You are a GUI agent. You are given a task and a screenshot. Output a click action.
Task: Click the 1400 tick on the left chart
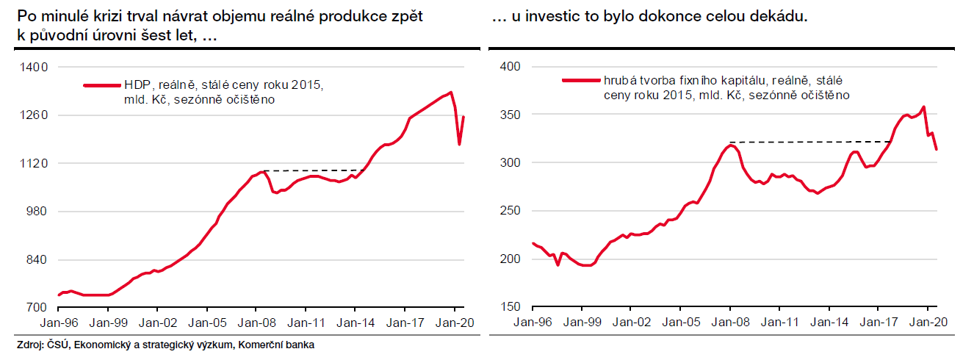click(34, 67)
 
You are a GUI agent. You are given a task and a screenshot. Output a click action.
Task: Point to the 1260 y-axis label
click(34, 115)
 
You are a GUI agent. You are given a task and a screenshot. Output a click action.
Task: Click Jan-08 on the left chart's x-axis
click(256, 322)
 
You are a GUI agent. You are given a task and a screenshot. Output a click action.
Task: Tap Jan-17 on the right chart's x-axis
click(878, 322)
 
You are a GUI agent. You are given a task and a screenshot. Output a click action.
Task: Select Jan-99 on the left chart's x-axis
click(108, 322)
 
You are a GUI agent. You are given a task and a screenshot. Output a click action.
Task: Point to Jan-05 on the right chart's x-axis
click(680, 322)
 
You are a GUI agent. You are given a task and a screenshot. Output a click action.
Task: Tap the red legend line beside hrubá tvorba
click(580, 80)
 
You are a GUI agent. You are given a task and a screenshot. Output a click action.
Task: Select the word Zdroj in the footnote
click(29, 345)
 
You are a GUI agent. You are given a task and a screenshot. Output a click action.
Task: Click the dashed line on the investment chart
click(808, 141)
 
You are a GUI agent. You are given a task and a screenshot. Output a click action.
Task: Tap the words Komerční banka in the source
click(275, 345)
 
